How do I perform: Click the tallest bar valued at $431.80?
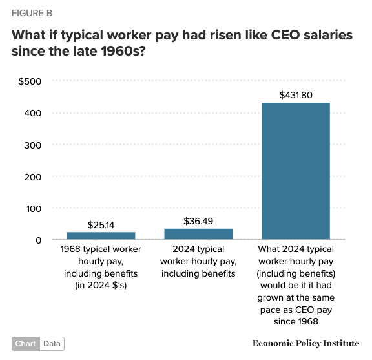[295, 171]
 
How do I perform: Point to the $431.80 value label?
[296, 95]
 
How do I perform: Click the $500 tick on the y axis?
[31, 81]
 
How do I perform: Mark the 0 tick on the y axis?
[38, 240]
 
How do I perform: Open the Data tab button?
[52, 344]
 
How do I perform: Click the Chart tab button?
[26, 344]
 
